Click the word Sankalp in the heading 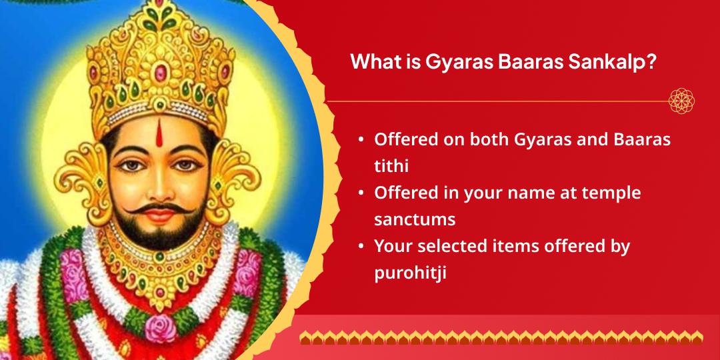pos(611,62)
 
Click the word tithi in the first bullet pos(391,165)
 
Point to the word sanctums pos(415,219)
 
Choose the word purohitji pos(411,273)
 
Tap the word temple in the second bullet pos(611,193)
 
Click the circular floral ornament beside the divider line pos(681,101)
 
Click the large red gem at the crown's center pos(160,73)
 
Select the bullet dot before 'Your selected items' pos(362,247)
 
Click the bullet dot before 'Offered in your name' pos(362,193)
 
